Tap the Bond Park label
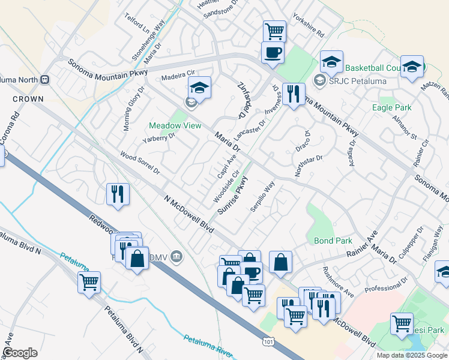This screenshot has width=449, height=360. point(333,241)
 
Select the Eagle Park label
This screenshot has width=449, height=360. point(391,107)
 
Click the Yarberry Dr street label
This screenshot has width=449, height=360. point(158,140)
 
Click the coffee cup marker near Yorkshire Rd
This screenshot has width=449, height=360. point(273,52)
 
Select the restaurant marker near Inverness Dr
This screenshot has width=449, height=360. point(294,94)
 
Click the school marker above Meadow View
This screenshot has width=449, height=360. point(200,88)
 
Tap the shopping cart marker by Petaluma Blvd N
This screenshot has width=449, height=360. point(89,281)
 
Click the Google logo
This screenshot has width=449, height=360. point(20,353)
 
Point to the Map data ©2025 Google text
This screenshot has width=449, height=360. point(412,355)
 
